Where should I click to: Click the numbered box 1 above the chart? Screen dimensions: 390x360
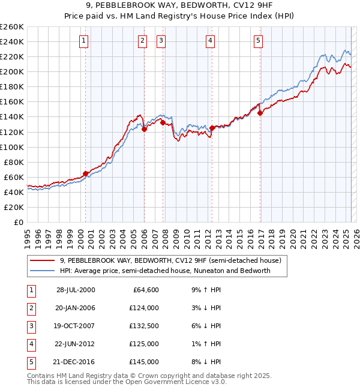[x=83, y=41]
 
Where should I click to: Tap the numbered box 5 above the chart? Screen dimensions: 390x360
[x=258, y=41]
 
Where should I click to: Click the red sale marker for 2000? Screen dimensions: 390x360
[x=86, y=173]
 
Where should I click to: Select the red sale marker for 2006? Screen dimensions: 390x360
[x=144, y=128]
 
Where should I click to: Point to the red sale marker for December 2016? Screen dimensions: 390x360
[x=260, y=113]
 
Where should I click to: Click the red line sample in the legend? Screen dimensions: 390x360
[x=42, y=260]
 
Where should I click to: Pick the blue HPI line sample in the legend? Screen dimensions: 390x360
[x=42, y=271]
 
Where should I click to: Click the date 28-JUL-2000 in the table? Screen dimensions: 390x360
[x=75, y=290]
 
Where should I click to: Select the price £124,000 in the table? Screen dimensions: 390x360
[x=144, y=308]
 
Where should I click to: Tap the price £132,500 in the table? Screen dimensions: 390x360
[x=144, y=326]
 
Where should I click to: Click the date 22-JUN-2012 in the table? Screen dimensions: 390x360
[x=75, y=344]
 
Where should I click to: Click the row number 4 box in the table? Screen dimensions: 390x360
[x=31, y=344]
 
